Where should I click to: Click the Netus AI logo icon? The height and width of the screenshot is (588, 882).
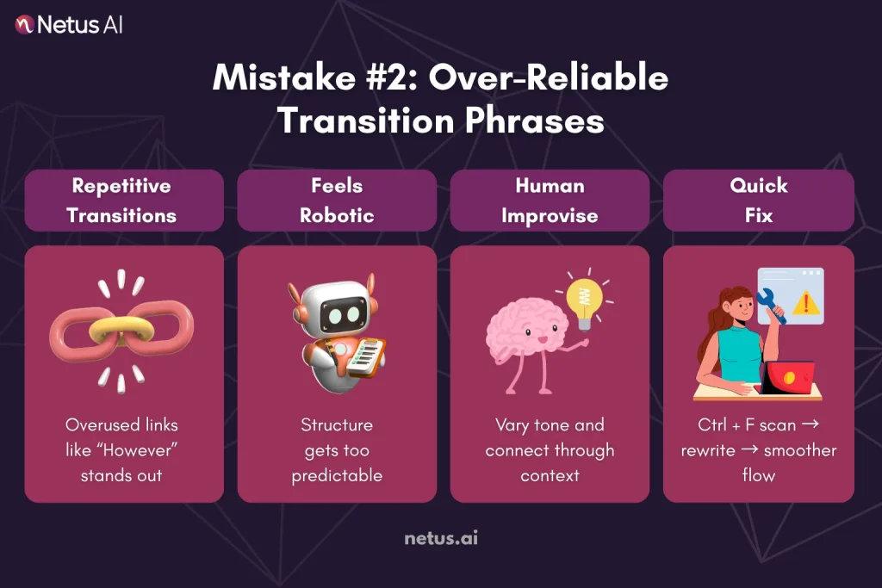tap(25, 25)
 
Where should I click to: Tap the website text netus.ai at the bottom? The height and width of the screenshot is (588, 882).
tap(441, 539)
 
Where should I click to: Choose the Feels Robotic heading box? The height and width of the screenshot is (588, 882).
tap(337, 200)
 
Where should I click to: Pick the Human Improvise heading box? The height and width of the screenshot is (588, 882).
tap(550, 200)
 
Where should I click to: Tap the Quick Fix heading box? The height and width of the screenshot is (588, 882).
tap(758, 200)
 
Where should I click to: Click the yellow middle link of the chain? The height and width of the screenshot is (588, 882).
tap(121, 330)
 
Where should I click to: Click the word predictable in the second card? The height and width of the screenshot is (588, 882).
tap(337, 475)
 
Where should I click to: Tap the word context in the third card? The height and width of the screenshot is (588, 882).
tap(550, 475)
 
